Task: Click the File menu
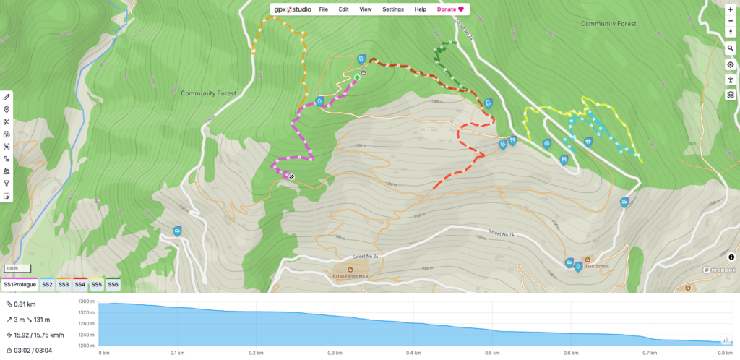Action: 324,9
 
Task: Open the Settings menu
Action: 393,9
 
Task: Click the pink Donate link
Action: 449,9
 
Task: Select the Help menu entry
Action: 420,9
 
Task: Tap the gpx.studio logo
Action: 291,9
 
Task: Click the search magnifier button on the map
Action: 731,48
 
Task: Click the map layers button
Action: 731,94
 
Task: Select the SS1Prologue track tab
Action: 20,285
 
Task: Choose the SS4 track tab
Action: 80,285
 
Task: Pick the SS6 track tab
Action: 113,285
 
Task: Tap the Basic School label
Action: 597,266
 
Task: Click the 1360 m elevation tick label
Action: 86,301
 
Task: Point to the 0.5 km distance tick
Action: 492,353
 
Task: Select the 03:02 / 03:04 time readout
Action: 30,350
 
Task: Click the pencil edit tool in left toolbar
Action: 7,97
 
